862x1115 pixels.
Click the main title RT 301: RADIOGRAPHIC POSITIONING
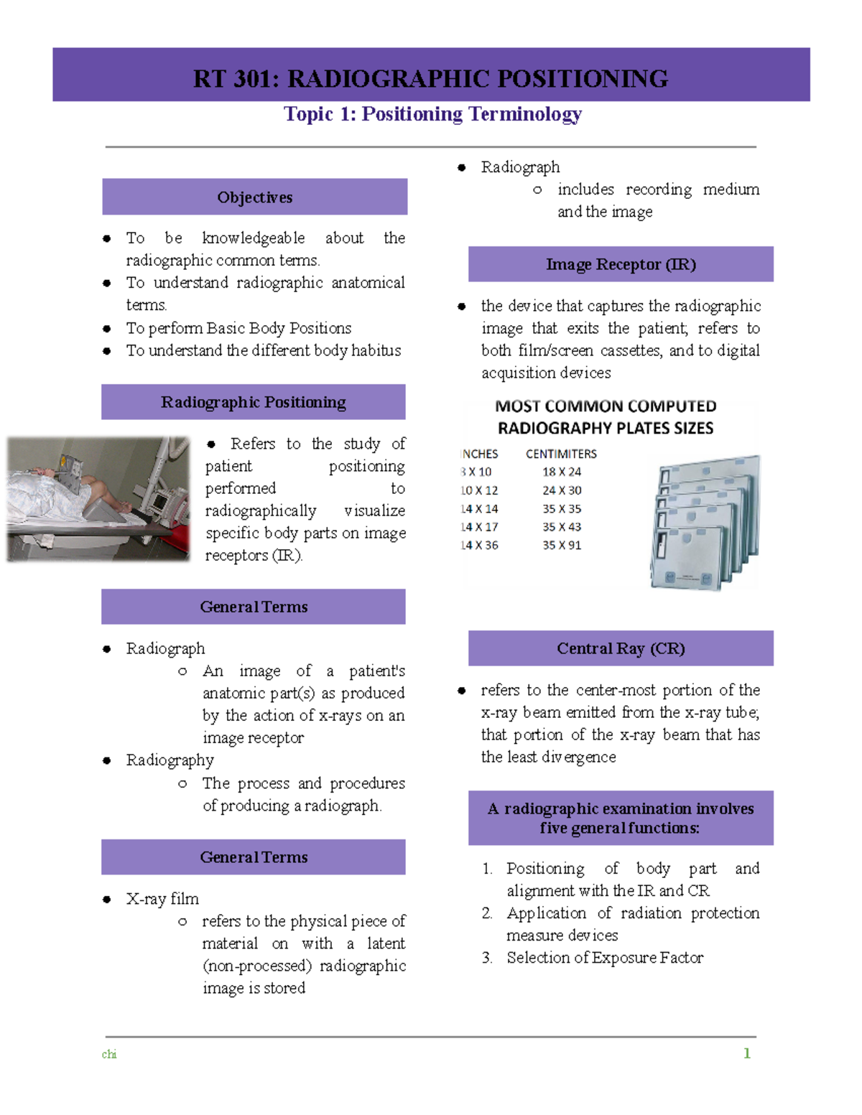coord(430,78)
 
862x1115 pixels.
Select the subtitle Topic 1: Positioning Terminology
coord(432,114)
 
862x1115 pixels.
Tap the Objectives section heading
coord(255,197)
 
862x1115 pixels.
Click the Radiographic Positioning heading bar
coord(254,402)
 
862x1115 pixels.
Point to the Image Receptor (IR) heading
coord(621,264)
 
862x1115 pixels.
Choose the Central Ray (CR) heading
coord(621,648)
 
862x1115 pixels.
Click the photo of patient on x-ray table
coord(98,498)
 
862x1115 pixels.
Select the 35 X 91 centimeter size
coord(562,546)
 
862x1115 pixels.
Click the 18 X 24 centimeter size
coord(562,472)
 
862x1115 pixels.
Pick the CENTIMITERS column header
coord(561,454)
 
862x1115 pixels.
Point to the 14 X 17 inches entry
coord(479,527)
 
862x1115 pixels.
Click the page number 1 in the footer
coord(747,1053)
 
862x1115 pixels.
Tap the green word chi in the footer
coord(109,1054)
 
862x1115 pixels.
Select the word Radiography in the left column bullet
coord(170,760)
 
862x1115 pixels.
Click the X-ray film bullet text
coord(162,899)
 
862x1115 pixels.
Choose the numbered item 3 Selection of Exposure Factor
coord(604,958)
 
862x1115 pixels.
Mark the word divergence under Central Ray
coord(579,757)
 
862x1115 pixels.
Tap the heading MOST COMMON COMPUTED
coord(606,406)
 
